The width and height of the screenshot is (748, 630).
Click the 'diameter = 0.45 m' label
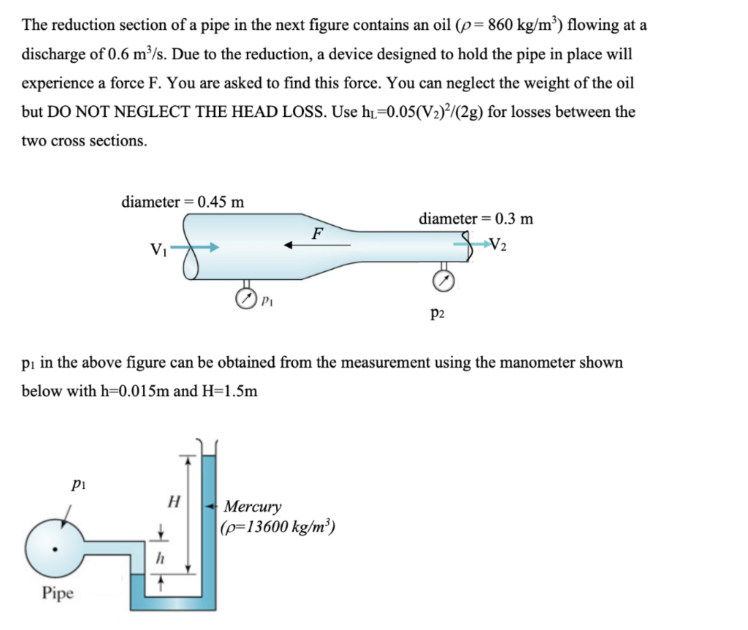(x=183, y=202)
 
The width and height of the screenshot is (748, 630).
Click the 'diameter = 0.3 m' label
(x=476, y=218)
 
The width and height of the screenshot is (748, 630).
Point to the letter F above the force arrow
(x=316, y=234)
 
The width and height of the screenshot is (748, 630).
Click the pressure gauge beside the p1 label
(x=245, y=298)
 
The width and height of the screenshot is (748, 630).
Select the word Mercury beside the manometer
(x=252, y=506)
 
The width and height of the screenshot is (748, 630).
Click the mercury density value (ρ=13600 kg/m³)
(x=278, y=526)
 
